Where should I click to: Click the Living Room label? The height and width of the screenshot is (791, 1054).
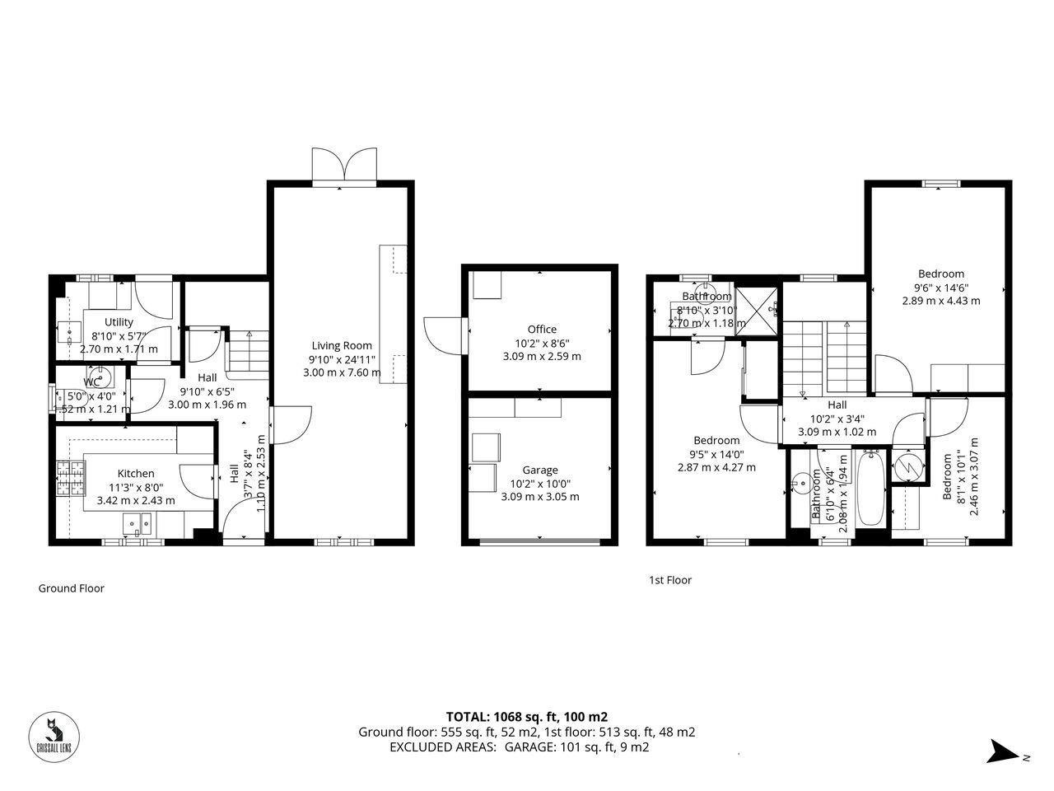[341, 345]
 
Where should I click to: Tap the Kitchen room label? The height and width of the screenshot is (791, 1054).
[136, 473]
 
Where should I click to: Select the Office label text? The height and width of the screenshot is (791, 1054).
[542, 329]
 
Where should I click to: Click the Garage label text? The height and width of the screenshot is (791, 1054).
[539, 470]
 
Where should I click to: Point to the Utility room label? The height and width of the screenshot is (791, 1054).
[119, 322]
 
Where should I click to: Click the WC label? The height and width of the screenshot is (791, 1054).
[92, 382]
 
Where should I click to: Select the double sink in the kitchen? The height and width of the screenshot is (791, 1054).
[138, 523]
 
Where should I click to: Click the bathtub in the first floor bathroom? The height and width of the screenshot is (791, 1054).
[871, 492]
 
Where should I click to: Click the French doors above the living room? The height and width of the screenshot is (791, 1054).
[344, 166]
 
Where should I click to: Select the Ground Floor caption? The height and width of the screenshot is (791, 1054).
[72, 588]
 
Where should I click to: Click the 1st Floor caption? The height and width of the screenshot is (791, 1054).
[670, 580]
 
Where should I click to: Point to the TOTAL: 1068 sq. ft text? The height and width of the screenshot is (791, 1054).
[526, 717]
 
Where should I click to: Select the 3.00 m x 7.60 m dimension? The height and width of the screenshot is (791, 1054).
[342, 372]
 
